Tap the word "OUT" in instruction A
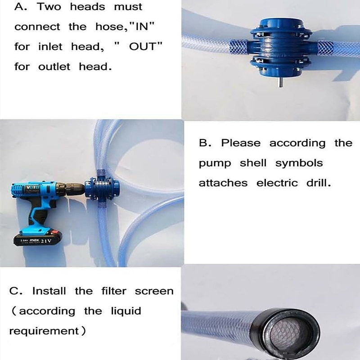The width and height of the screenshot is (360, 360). point(144,47)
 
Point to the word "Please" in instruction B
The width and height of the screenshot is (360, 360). point(241,143)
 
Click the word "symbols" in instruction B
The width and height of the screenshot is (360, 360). point(299,163)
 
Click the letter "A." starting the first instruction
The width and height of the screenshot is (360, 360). point(21,7)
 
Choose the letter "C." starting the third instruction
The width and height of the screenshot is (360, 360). point(16,291)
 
